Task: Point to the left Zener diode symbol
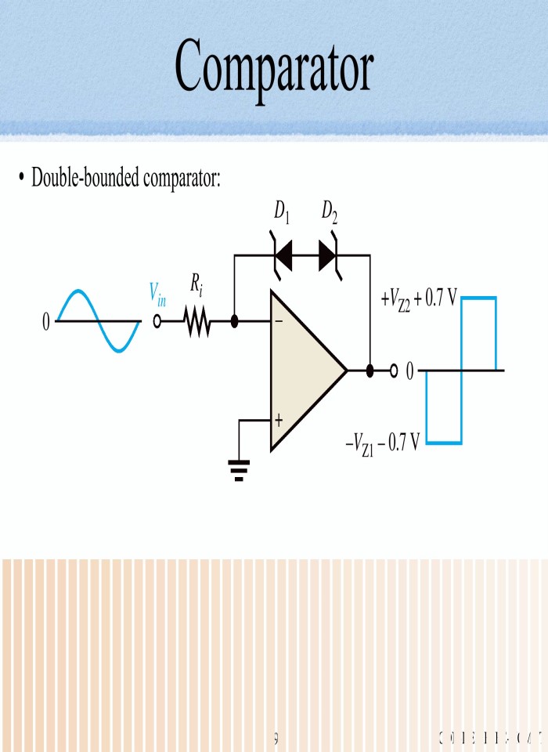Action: tap(283, 255)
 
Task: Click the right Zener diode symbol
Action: tap(328, 255)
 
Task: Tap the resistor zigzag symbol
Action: tap(198, 322)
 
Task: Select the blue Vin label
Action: tap(157, 294)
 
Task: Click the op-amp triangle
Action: tap(301, 370)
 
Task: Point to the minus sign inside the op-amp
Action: tap(279, 322)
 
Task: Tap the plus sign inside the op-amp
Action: tap(279, 421)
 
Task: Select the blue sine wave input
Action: tap(98, 321)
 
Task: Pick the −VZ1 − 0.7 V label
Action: tap(383, 444)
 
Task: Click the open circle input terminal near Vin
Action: tap(157, 322)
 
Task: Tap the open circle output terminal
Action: tap(394, 370)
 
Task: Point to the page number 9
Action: tap(276, 736)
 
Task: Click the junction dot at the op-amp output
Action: tap(370, 370)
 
